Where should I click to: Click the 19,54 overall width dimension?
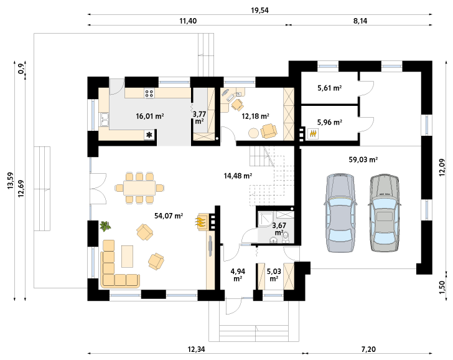[259, 11]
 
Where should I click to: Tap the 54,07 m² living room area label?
[169, 216]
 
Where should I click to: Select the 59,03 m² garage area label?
[363, 159]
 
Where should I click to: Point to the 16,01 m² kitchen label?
[150, 116]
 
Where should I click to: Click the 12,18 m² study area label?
[255, 116]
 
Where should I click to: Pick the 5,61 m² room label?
[330, 88]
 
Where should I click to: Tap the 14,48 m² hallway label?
[238, 176]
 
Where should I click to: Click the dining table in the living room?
[139, 188]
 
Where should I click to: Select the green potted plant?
[105, 225]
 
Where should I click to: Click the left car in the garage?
[340, 213]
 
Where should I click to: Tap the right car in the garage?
[385, 212]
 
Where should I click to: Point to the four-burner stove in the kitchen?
[149, 93]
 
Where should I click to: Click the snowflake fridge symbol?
[149, 135]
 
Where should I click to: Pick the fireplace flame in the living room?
[202, 222]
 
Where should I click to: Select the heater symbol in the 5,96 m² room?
[313, 133]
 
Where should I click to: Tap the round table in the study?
[254, 133]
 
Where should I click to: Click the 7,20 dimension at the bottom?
[368, 349]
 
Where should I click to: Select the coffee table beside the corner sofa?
[127, 256]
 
